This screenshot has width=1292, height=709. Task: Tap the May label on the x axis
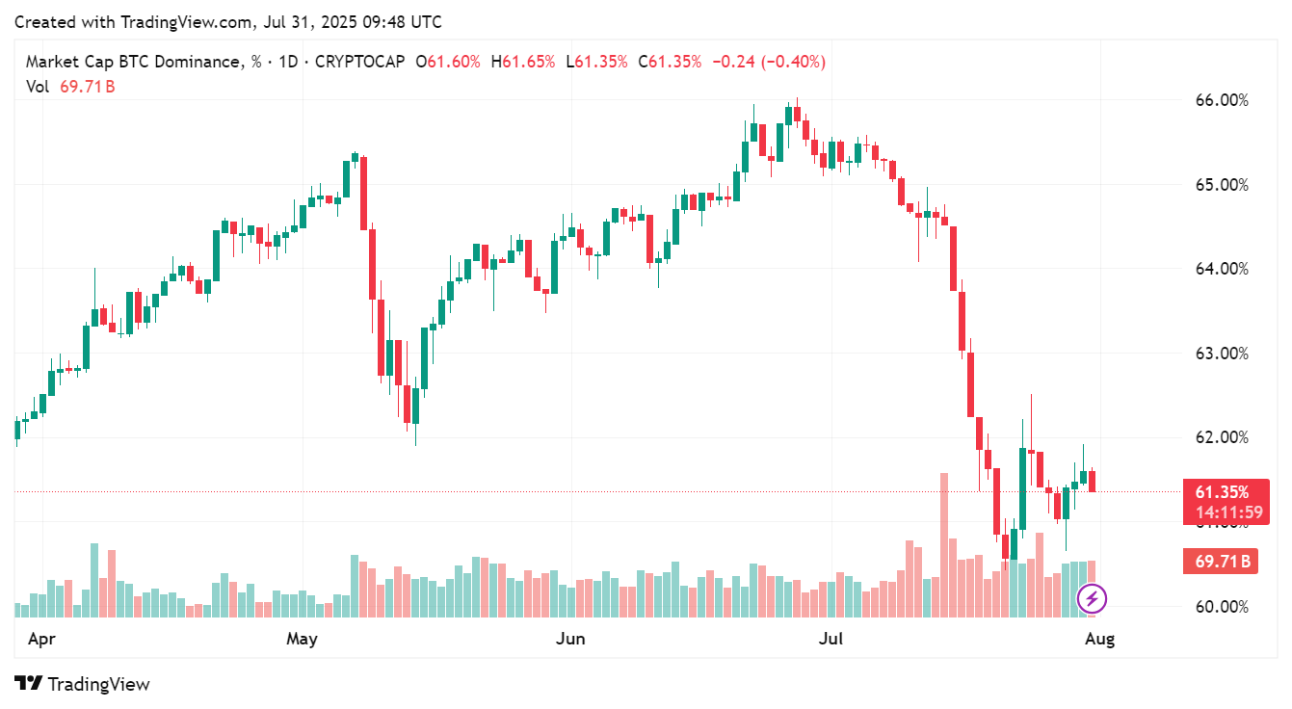(x=302, y=639)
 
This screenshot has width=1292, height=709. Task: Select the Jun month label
(x=571, y=639)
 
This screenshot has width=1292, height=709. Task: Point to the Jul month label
(x=831, y=639)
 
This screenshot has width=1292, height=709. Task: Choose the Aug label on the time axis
(x=1099, y=639)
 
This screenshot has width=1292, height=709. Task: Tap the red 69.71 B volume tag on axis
(x=1220, y=561)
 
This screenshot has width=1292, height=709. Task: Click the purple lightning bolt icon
(x=1092, y=599)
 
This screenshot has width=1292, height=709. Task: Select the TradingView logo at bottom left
(x=83, y=684)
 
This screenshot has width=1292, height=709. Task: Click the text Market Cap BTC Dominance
(x=133, y=62)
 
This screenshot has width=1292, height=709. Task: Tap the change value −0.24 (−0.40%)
(x=768, y=62)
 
